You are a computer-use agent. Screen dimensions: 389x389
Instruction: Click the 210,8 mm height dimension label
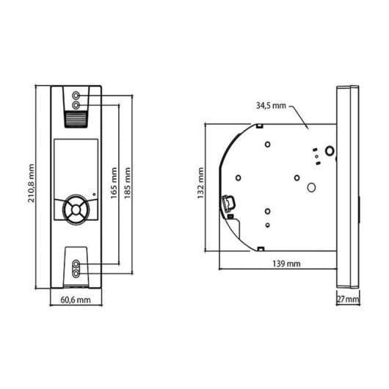coord(32,183)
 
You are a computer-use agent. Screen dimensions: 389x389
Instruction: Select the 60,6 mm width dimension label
coord(76,300)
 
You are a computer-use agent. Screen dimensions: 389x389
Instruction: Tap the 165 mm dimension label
coord(114,183)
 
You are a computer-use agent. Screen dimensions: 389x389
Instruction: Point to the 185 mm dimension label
coord(128,183)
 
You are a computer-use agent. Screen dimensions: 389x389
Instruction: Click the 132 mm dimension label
coord(200,183)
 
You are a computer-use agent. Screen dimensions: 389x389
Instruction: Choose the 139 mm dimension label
coord(286,263)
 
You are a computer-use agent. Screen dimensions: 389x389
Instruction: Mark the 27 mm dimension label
coord(348,299)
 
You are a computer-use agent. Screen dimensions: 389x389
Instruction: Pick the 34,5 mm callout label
coord(271,106)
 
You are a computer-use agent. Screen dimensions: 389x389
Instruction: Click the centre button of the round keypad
coord(76,210)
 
